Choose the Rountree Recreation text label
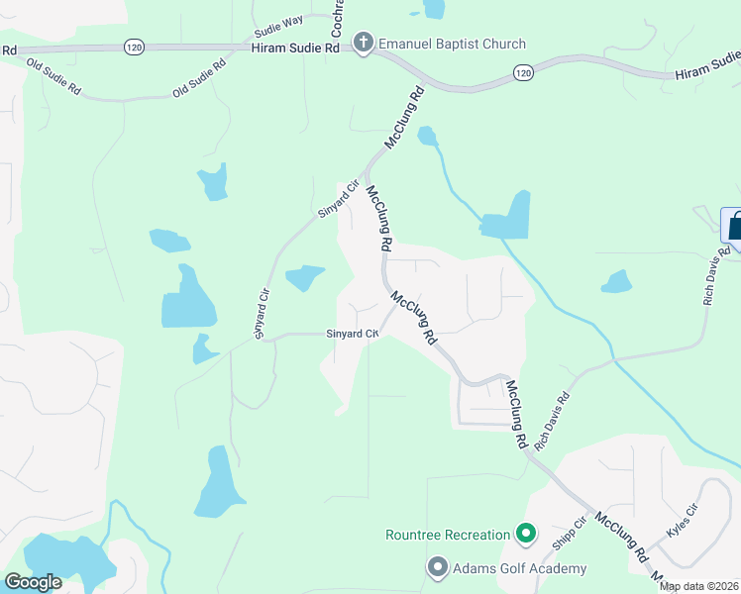[x=447, y=536]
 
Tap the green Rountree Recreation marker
[x=526, y=536]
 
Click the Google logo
[x=34, y=582]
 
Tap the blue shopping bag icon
[x=734, y=225]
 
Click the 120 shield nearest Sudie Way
[x=135, y=46]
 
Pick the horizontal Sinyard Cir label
[x=353, y=335]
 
